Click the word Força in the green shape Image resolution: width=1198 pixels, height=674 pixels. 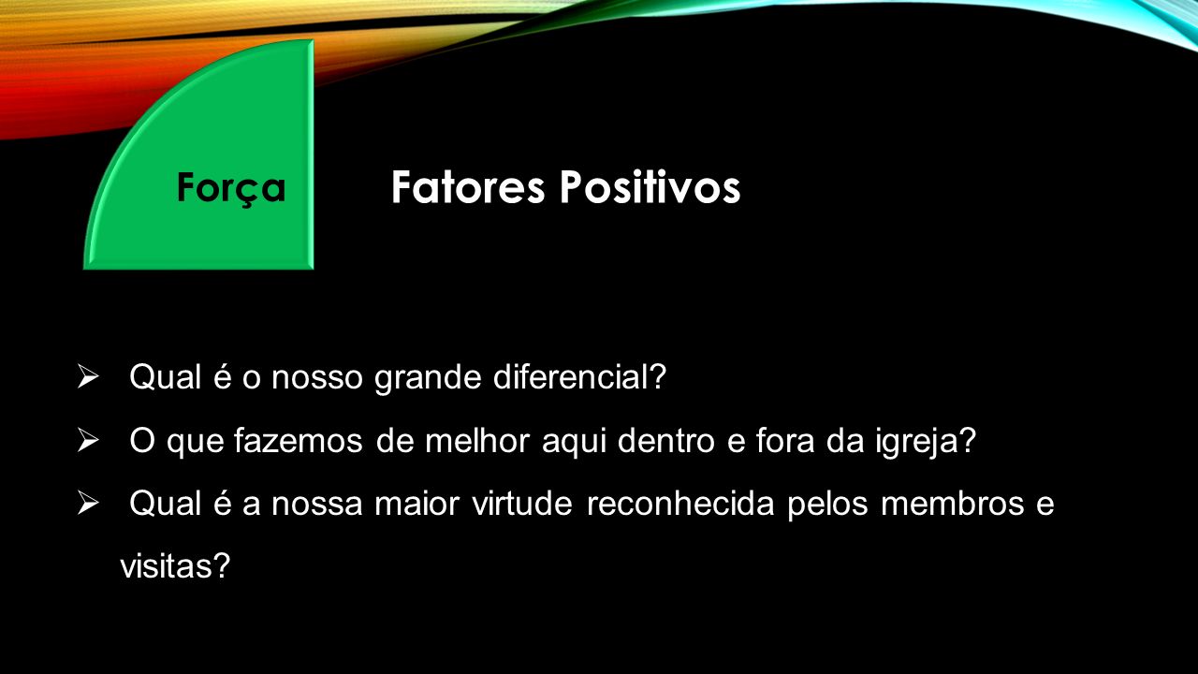(x=231, y=189)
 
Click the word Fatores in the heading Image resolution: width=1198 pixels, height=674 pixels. (x=468, y=187)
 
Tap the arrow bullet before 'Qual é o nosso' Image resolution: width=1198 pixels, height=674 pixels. (x=88, y=376)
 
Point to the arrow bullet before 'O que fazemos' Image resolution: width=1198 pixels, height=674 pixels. (x=88, y=440)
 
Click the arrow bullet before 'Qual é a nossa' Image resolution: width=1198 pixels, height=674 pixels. (x=88, y=504)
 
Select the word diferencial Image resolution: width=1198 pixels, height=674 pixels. (x=579, y=376)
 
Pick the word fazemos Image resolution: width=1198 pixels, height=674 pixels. (x=299, y=440)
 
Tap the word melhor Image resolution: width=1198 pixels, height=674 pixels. (x=477, y=440)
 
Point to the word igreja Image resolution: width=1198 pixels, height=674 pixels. (x=926, y=443)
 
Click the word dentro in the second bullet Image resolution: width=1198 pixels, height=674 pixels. (x=665, y=440)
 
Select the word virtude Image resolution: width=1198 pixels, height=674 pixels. (x=522, y=504)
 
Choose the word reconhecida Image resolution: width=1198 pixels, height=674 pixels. (x=680, y=504)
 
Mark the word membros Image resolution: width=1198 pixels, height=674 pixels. (x=953, y=504)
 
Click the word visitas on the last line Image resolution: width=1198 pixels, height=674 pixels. (x=175, y=565)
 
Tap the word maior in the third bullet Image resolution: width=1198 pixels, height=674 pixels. (x=416, y=504)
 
